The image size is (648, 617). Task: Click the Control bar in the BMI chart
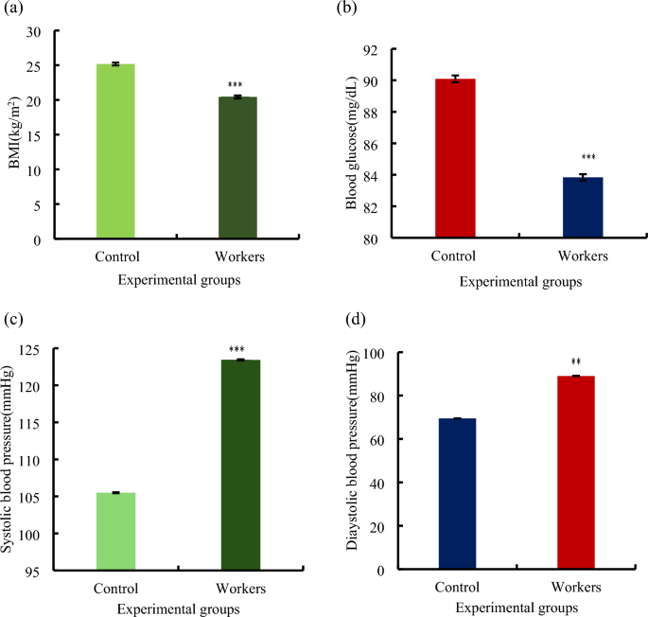[x=115, y=151]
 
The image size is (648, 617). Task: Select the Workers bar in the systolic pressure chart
[x=239, y=465]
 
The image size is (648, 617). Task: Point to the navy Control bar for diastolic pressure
[x=456, y=493]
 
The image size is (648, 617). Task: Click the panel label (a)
[x=14, y=10]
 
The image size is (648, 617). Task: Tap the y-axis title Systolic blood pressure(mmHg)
[x=10, y=463]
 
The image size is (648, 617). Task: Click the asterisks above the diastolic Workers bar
[x=576, y=361]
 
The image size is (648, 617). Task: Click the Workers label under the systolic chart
[x=239, y=588]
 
